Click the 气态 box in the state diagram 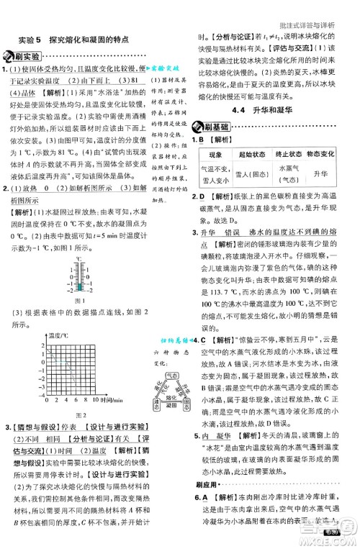pyautogui.click(x=171, y=376)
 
